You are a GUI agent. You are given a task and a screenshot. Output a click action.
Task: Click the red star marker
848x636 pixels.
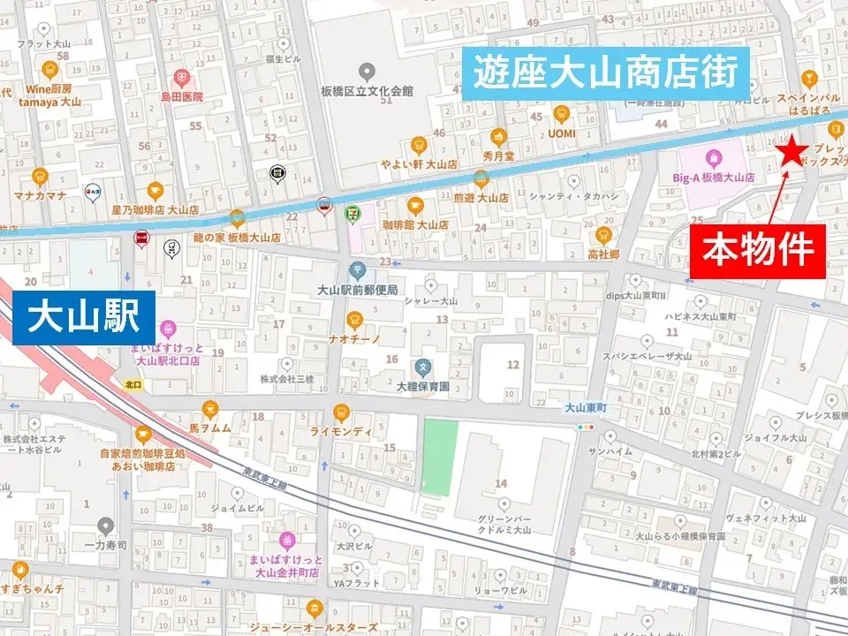(791, 153)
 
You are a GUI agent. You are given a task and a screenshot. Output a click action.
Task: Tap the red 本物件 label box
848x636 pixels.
(758, 251)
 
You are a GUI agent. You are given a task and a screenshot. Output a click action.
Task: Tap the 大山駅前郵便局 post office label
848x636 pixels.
(357, 290)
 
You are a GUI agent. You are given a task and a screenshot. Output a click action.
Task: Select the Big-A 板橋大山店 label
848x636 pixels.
(714, 177)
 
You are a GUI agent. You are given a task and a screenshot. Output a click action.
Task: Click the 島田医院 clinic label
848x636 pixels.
(181, 96)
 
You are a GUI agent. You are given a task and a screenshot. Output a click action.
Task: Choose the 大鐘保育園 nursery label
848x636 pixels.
(423, 386)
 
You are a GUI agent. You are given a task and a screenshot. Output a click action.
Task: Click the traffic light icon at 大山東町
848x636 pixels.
(585, 427)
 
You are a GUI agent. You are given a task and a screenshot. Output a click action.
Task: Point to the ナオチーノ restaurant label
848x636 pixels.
(354, 338)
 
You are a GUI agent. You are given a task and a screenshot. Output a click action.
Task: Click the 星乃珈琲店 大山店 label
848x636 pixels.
(157, 210)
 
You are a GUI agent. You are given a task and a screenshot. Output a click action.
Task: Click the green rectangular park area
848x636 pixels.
(440, 458)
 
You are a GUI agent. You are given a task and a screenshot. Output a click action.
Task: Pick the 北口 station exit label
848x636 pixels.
(133, 384)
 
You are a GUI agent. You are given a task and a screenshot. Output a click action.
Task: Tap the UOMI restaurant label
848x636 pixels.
(561, 133)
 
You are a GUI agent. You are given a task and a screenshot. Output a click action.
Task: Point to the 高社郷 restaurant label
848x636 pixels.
(604, 254)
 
